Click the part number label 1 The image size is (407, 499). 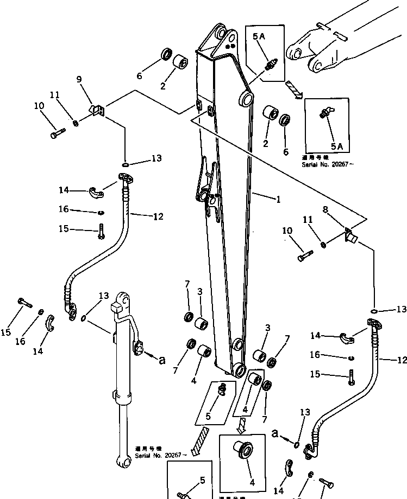(x=278, y=200)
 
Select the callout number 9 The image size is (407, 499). (x=79, y=79)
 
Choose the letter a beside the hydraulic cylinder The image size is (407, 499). (x=161, y=359)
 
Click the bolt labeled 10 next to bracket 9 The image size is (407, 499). (x=57, y=132)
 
